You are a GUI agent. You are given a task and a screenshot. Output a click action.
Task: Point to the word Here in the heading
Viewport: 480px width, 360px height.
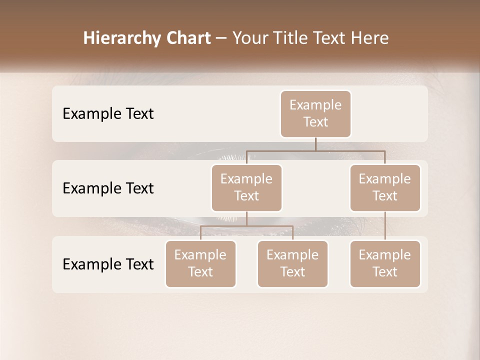point(369,38)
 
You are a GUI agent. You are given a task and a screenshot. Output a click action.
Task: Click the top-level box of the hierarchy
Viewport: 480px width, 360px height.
point(315,113)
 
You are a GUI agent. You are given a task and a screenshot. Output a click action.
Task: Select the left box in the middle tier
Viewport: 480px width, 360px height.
point(246,187)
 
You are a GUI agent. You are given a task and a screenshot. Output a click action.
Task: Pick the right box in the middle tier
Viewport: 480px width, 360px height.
point(385,187)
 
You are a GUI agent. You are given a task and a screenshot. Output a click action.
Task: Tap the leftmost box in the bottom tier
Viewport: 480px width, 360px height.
point(200,263)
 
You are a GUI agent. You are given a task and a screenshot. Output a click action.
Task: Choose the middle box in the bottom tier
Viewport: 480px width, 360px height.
point(292,263)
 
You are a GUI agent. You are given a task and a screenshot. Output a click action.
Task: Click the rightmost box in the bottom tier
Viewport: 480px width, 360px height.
point(385,263)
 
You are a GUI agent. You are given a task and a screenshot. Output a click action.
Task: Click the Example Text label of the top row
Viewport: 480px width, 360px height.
point(108,113)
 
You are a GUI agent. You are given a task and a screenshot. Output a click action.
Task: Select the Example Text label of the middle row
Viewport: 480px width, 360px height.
point(108,188)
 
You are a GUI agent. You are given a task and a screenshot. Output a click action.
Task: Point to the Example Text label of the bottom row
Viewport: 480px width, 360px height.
point(108,264)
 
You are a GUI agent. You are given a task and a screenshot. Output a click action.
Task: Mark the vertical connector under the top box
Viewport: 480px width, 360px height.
point(315,144)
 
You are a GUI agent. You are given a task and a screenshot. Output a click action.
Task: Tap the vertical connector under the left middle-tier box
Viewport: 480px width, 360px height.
point(246,218)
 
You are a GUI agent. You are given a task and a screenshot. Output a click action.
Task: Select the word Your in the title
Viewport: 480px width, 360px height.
point(248,38)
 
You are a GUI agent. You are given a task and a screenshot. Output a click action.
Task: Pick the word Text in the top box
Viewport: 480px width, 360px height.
point(315,122)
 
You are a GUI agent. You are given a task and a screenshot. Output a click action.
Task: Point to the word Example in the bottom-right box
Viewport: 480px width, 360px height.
point(385,255)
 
